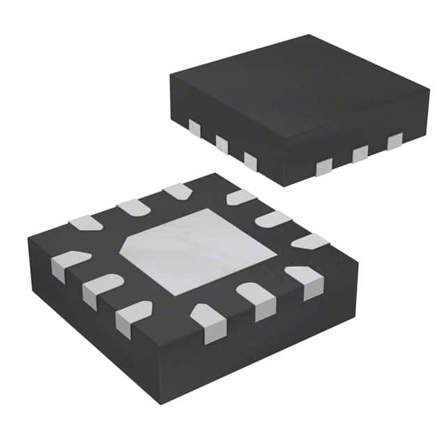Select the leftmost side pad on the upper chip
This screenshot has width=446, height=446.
(194, 128)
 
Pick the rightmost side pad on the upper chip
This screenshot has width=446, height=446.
(395, 142)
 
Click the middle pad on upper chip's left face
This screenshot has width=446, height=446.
(222, 144)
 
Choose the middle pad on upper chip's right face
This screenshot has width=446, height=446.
(360, 154)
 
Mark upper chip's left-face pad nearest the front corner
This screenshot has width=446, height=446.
(250, 162)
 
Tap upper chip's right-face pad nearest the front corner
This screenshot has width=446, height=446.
(324, 166)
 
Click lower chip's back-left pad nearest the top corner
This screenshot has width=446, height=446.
(177, 191)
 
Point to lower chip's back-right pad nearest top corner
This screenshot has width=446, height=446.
(241, 197)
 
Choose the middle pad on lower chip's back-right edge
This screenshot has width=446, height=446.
(272, 219)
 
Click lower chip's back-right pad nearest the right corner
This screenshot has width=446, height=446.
(309, 242)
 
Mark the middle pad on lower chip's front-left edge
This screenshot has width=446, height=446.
(100, 289)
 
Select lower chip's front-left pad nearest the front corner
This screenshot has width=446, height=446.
(132, 317)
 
